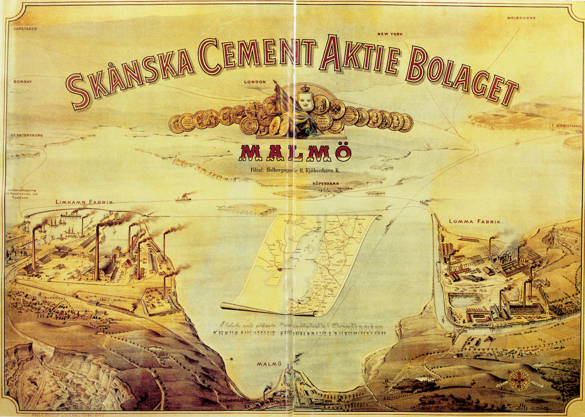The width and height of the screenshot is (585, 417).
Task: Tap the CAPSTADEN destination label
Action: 25,28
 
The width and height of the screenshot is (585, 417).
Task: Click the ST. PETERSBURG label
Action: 27,136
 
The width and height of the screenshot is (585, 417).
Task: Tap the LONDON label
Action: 255,82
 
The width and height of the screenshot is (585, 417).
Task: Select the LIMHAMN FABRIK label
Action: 85,202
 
